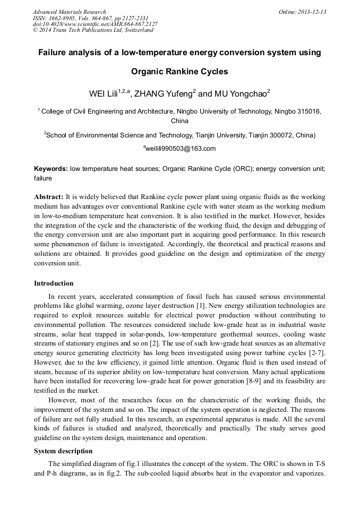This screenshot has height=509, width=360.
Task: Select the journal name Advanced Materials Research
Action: pos(69,12)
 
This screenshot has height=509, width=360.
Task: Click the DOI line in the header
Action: pos(95,24)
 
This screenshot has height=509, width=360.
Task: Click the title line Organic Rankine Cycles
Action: pos(179,71)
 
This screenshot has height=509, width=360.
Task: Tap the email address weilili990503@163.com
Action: pos(181,149)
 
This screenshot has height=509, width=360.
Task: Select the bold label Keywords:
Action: pos(51,168)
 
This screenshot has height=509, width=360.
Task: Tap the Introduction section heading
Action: pos(54,283)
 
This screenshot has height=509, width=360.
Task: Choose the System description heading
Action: pos(63,451)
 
